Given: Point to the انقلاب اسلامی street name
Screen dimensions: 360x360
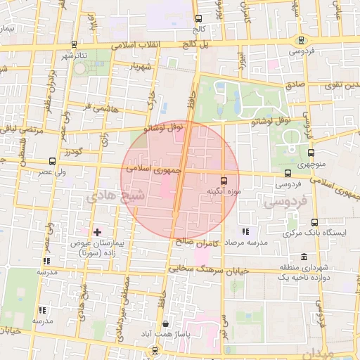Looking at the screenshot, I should coord(147,44).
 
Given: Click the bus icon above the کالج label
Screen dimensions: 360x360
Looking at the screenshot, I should coord(198,19).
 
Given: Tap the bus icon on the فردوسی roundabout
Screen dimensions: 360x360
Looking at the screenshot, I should coord(301,41).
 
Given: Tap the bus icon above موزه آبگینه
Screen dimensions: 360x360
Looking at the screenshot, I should coord(224,179).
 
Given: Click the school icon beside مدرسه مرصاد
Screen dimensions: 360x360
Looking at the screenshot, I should coord(245,231).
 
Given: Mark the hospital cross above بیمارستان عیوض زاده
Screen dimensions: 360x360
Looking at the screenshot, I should coord(97,231).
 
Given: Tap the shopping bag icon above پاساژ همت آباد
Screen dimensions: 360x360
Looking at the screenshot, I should coord(166,323).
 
